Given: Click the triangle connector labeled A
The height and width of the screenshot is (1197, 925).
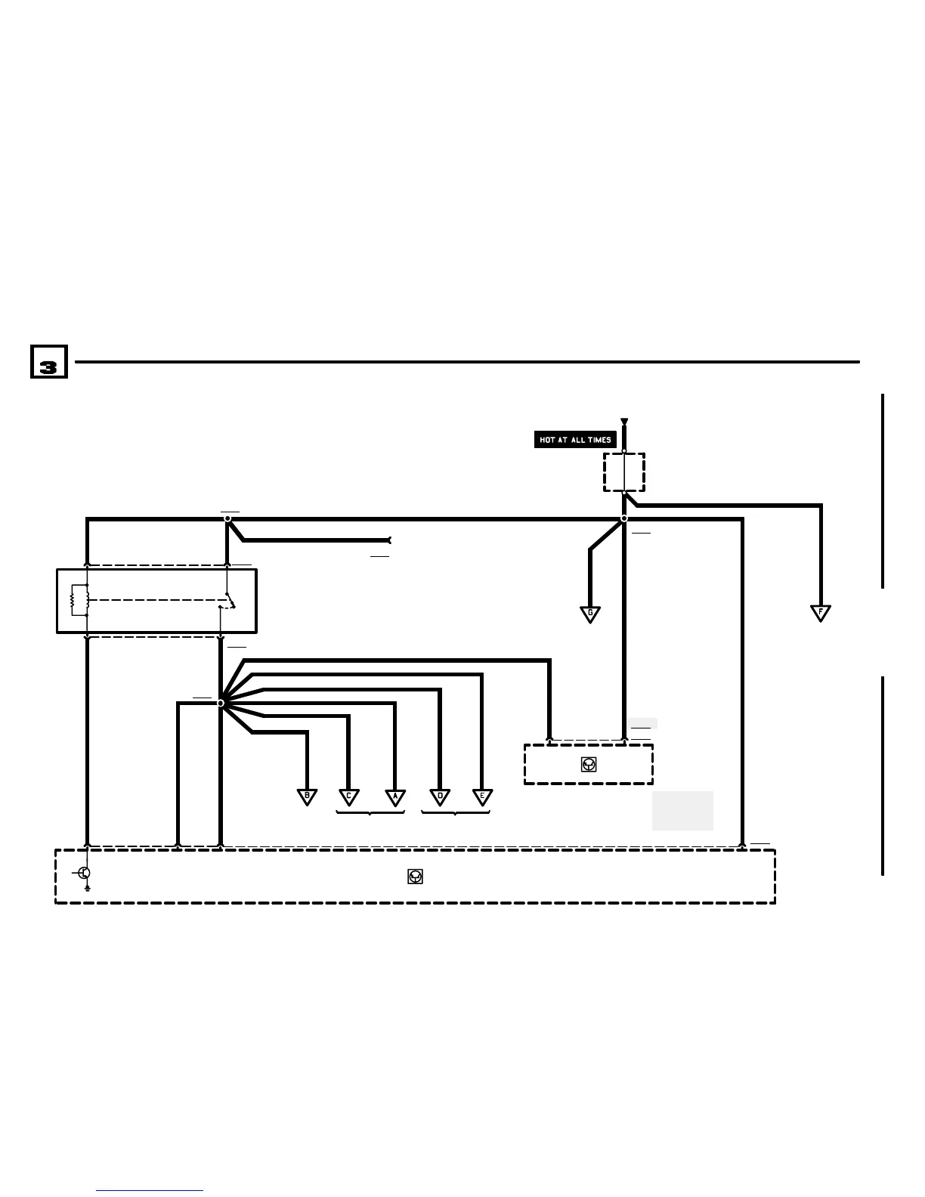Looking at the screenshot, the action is pyautogui.click(x=394, y=796).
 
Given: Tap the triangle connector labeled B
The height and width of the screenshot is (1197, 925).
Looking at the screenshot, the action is pyautogui.click(x=307, y=796).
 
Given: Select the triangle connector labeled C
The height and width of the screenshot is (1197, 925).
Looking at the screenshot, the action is pyautogui.click(x=348, y=796).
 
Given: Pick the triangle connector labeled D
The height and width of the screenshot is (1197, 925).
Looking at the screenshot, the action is pyautogui.click(x=440, y=796).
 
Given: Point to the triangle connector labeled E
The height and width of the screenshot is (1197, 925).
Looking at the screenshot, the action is pyautogui.click(x=482, y=796).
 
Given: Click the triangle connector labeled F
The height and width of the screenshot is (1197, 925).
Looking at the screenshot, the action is pyautogui.click(x=820, y=613).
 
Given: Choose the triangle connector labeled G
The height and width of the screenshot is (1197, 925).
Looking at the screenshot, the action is pyautogui.click(x=590, y=614).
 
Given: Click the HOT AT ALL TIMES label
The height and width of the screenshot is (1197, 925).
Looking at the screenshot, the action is pyautogui.click(x=575, y=440).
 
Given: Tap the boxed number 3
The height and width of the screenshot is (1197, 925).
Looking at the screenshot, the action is pyautogui.click(x=48, y=362).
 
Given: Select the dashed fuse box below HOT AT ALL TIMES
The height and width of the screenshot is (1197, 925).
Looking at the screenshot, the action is pyautogui.click(x=624, y=472).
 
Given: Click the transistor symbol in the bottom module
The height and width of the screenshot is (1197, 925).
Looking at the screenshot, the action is pyautogui.click(x=84, y=874).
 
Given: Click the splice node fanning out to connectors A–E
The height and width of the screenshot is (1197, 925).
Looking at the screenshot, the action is pyautogui.click(x=221, y=703).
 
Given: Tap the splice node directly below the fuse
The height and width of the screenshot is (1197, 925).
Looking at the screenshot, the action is pyautogui.click(x=624, y=518).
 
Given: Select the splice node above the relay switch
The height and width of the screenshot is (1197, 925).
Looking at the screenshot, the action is pyautogui.click(x=227, y=518).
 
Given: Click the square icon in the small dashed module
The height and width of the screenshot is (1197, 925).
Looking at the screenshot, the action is pyautogui.click(x=589, y=765).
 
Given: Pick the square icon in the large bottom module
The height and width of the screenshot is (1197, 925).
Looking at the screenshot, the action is pyautogui.click(x=415, y=876).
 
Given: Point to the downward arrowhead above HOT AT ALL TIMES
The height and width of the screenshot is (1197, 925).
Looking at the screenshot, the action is pyautogui.click(x=624, y=422).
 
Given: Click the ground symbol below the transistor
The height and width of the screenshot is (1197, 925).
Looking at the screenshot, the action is pyautogui.click(x=88, y=889).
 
